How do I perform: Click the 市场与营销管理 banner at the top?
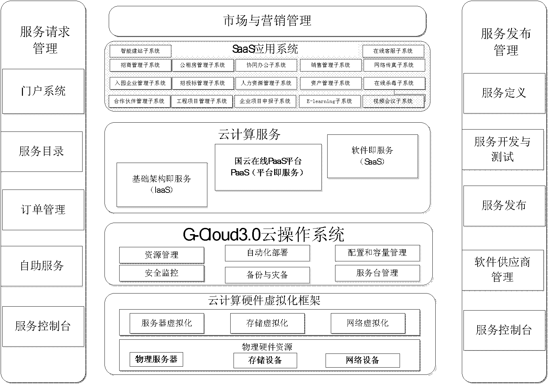tap(267, 21)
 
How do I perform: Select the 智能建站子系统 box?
tap(140, 51)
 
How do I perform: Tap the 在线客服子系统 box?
tap(393, 51)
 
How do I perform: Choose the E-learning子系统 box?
tap(330, 101)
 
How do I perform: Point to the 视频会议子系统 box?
tap(393, 101)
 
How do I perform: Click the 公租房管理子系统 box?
tap(202, 65)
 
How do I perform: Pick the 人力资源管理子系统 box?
tap(266, 83)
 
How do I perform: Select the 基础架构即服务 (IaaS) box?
tap(162, 185)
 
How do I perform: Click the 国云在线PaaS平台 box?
tap(268, 167)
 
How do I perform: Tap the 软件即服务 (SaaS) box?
tap(372, 156)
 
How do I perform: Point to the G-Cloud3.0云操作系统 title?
tap(263, 234)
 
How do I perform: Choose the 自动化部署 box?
tap(267, 253)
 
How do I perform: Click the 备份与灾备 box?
tap(267, 275)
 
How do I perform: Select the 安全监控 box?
tap(162, 273)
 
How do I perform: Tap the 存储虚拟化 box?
tap(267, 323)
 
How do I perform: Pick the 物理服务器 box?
tap(156, 359)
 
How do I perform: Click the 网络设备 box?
tap(363, 360)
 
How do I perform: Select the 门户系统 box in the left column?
tap(43, 91)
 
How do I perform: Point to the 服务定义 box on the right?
tap(504, 93)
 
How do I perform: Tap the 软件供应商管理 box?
tap(503, 270)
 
